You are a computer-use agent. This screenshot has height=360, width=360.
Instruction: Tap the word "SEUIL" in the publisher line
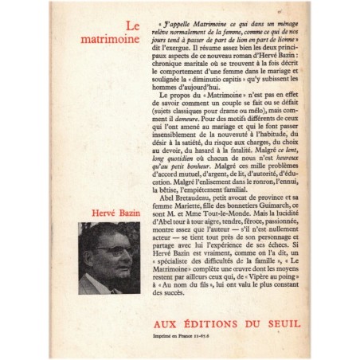265,314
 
